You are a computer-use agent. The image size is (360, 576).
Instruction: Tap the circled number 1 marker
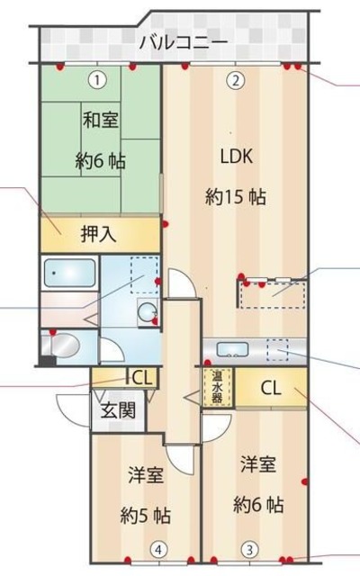(96, 79)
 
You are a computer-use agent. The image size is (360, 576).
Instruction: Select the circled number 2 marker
(234, 79)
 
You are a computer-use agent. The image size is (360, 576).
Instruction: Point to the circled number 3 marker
(247, 547)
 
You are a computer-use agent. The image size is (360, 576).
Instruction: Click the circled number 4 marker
(157, 547)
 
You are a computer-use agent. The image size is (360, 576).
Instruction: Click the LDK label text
(238, 155)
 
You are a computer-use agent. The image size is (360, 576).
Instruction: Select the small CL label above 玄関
(141, 377)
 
